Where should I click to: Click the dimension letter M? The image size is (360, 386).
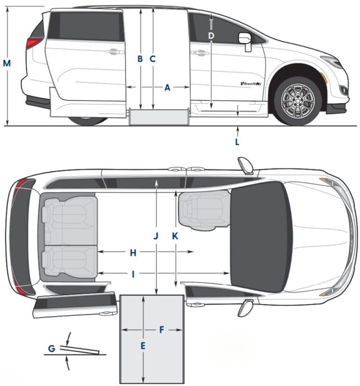(x=7, y=63)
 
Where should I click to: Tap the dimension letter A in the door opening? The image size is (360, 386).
(x=167, y=87)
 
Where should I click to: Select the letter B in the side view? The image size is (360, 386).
(x=140, y=59)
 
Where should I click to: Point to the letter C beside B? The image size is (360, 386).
(x=152, y=59)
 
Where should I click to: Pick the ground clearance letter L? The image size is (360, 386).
(x=237, y=142)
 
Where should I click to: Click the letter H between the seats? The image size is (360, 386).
(x=133, y=253)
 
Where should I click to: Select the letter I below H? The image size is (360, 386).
(x=133, y=274)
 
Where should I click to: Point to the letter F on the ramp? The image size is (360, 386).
(x=162, y=330)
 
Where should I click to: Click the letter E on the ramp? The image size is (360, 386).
(x=143, y=346)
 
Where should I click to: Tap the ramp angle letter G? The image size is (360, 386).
(x=52, y=348)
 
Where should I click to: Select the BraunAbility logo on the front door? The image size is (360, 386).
(x=251, y=83)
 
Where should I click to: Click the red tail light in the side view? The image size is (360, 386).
(x=33, y=43)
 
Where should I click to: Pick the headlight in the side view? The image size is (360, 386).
(x=332, y=62)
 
